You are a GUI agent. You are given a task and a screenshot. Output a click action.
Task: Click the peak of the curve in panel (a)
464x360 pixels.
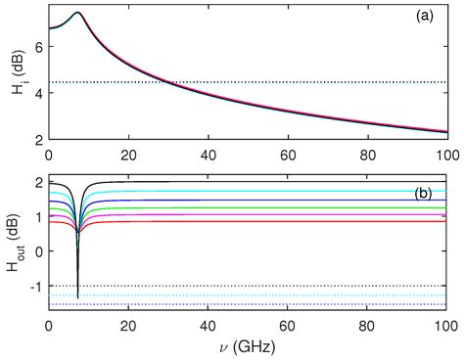[x=76, y=13]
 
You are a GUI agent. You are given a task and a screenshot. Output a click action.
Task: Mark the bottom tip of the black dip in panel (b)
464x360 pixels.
[x=77, y=296]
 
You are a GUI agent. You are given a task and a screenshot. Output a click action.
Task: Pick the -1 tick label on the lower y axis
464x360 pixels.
[x=35, y=286]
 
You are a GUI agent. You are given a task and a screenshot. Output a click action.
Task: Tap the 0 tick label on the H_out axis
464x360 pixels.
[x=39, y=251]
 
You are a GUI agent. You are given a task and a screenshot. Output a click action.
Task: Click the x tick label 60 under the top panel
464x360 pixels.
[x=288, y=155]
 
